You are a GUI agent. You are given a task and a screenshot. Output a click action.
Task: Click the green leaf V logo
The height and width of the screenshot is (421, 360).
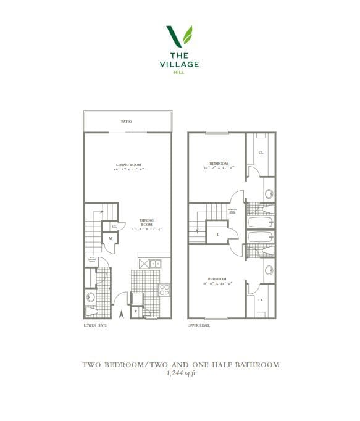tap(179, 36)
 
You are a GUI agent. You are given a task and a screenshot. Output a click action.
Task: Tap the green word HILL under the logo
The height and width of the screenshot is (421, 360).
tap(179, 72)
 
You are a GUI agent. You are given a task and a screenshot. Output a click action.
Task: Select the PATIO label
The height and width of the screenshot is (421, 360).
tap(126, 122)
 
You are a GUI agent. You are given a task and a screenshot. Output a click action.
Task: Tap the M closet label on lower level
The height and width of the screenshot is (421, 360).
tap(111, 238)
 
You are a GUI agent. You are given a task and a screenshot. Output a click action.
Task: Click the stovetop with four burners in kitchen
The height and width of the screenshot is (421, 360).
tap(165, 289)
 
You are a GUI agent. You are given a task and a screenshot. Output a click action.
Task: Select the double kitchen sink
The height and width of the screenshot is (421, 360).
tap(157, 264)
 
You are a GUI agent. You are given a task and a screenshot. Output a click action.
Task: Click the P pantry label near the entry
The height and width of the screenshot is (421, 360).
tap(135, 311)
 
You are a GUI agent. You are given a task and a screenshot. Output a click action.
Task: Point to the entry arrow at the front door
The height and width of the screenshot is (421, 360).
tap(121, 314)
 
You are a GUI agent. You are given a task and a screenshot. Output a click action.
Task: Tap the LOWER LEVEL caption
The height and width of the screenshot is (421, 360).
tap(95, 325)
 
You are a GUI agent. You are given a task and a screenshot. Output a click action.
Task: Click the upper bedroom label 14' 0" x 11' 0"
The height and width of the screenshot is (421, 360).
tap(219, 165)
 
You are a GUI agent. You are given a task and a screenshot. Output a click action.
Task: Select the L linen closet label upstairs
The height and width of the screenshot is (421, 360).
tap(217, 235)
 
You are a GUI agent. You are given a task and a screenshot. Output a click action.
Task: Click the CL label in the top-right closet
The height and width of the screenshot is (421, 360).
tap(261, 152)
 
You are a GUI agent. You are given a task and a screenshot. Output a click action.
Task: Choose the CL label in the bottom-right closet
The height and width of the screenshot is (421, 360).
tap(261, 299)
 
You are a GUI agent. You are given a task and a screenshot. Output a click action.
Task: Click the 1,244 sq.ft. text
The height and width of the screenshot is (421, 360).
tap(181, 373)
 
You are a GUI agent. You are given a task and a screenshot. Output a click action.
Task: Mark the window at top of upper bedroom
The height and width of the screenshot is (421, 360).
tap(217, 132)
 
